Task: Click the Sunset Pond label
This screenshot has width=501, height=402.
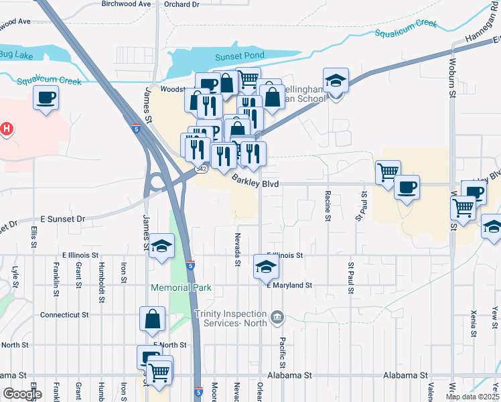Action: coord(240,56)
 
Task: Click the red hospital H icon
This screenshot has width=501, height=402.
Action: coord(7,128)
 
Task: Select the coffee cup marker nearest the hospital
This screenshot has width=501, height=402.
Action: coord(46,98)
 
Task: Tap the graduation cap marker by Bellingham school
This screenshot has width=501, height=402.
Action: coord(336,81)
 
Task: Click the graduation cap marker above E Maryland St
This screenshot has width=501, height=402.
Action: coord(266,267)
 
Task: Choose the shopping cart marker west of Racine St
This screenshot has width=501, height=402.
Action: coord(388,173)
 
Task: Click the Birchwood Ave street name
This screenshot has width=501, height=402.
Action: coord(126,4)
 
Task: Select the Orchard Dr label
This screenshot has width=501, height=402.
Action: coord(182,4)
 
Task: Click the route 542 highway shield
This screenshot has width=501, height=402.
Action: coord(201,170)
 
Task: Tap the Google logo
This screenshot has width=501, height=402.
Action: coord(22,394)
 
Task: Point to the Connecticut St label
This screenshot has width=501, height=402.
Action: coord(64,314)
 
